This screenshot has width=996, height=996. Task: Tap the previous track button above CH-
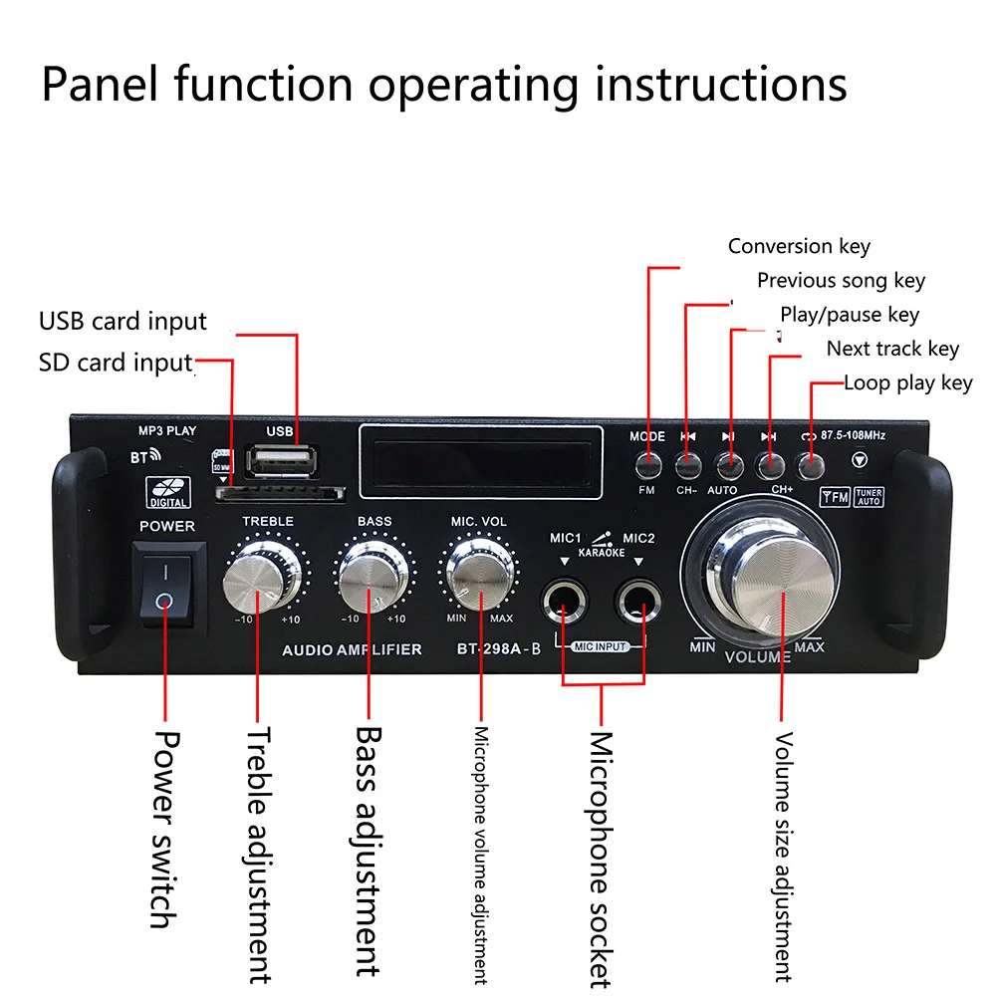(x=687, y=464)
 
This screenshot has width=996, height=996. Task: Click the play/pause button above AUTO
(x=729, y=464)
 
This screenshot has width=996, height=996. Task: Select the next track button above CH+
(x=770, y=464)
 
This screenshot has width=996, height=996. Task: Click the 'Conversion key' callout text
(x=799, y=247)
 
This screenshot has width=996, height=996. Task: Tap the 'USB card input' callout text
(x=123, y=322)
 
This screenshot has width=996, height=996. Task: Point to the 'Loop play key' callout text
(x=907, y=382)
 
